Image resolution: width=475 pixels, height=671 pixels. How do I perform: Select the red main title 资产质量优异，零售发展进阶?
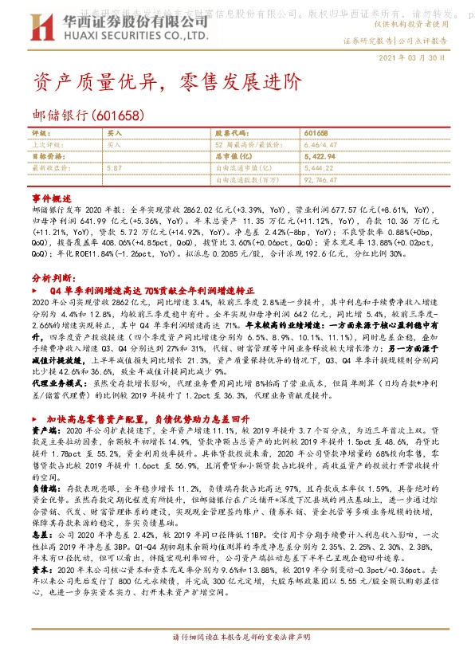[156, 83]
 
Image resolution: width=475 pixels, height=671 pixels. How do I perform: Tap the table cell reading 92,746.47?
[323, 180]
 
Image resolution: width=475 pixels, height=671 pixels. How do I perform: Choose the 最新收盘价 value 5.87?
[114, 168]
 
